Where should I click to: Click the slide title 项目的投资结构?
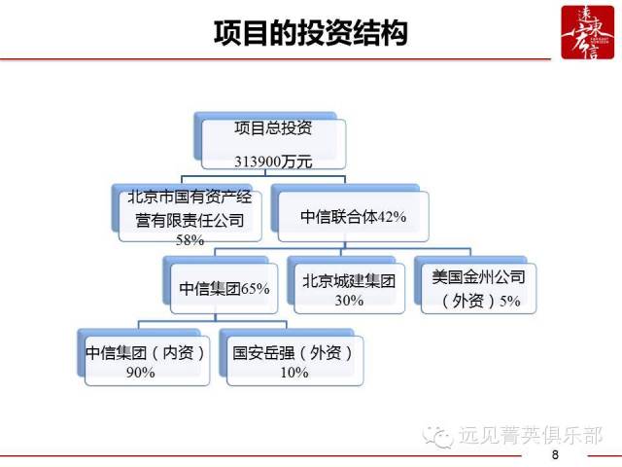[311, 32]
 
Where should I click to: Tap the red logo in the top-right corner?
[587, 32]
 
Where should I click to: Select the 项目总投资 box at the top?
[273, 144]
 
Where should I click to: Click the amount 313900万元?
[273, 162]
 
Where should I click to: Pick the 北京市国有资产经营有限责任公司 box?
[190, 216]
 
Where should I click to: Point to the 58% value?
[190, 240]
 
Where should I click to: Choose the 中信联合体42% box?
[354, 216]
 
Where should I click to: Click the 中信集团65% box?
[225, 288]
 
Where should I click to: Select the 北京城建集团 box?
[349, 288]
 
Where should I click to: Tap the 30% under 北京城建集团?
[349, 301]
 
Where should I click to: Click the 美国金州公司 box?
[478, 288]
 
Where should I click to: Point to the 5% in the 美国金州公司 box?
[509, 301]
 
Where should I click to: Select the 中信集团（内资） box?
[147, 361]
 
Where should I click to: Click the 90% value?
[140, 373]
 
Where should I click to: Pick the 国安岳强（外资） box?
[294, 361]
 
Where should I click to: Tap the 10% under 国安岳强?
[294, 373]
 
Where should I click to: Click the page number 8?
[555, 454]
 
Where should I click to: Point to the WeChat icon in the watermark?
[438, 437]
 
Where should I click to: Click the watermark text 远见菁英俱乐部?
[531, 435]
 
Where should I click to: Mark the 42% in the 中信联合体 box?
[392, 217]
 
